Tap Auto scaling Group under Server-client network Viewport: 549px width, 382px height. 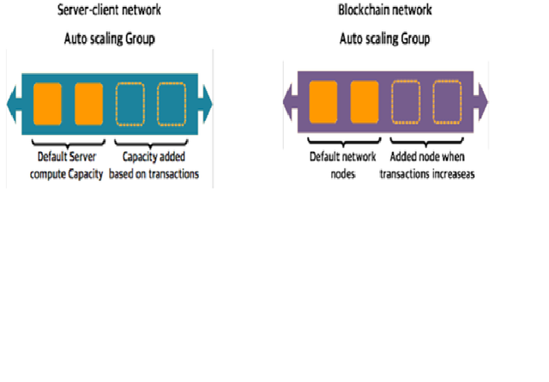(x=108, y=39)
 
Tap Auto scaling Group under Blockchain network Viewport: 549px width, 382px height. (x=384, y=39)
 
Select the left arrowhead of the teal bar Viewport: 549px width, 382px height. (x=12, y=104)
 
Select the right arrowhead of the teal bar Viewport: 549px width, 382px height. (x=206, y=104)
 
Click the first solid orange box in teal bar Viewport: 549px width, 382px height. (x=47, y=104)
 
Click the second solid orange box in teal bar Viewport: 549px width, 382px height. (x=88, y=104)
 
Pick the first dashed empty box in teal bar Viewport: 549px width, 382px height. (x=130, y=104)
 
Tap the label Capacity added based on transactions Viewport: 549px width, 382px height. (x=154, y=166)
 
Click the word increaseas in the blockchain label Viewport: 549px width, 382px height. (x=452, y=174)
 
